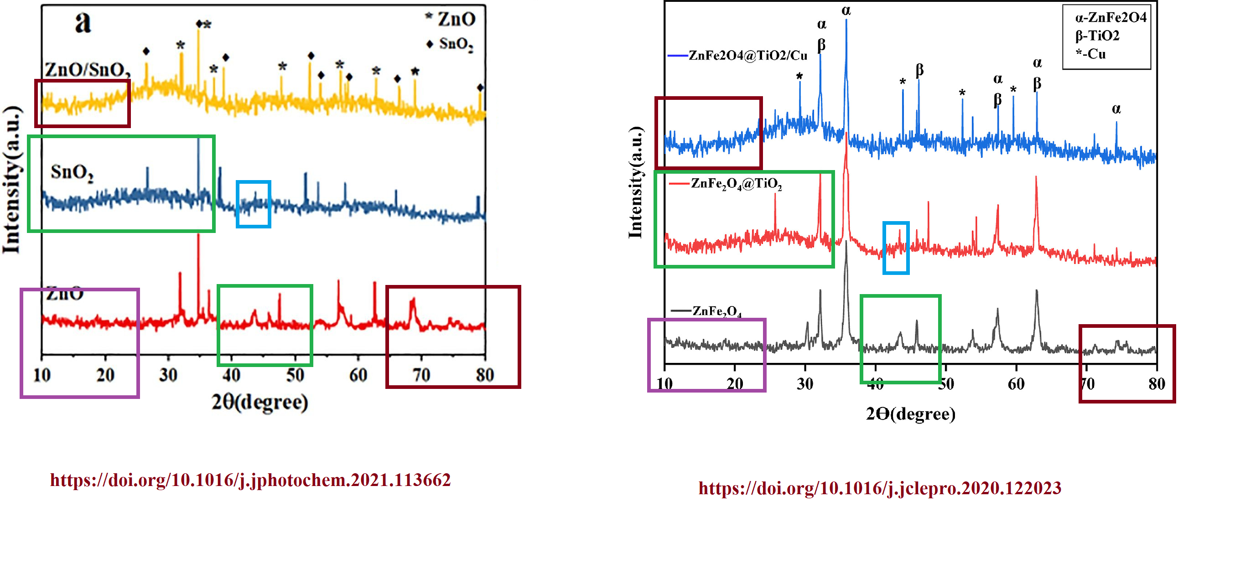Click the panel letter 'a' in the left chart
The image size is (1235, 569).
click(x=83, y=22)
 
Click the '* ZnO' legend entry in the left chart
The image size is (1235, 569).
click(x=450, y=19)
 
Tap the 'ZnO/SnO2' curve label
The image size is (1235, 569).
click(x=87, y=70)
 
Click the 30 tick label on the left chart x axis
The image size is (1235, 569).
click(x=168, y=374)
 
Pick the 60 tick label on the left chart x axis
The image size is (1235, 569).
click(x=358, y=374)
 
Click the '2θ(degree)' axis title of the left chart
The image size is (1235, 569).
click(x=260, y=402)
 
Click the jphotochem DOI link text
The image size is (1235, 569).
click(x=250, y=480)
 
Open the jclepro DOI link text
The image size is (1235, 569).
click(x=879, y=488)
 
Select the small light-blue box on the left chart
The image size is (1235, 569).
click(x=254, y=204)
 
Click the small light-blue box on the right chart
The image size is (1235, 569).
click(x=896, y=248)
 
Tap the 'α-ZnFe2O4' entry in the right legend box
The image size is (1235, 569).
click(x=1110, y=18)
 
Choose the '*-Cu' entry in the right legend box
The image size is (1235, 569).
click(x=1091, y=54)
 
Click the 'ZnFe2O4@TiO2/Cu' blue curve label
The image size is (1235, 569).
click(x=747, y=56)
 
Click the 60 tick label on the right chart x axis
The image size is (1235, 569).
click(x=1016, y=383)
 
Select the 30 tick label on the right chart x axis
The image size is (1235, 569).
click(x=805, y=383)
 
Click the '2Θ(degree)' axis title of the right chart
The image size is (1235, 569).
click(x=910, y=414)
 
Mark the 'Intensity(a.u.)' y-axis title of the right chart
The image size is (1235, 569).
click(x=635, y=182)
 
